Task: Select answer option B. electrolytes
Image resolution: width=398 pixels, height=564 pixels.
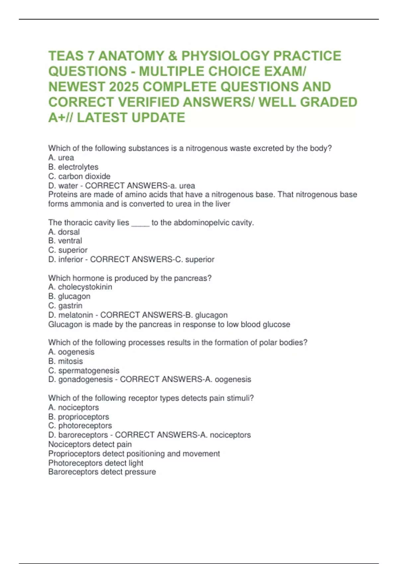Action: [x=73, y=167]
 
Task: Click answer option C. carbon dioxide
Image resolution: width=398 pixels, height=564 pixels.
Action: [x=79, y=176]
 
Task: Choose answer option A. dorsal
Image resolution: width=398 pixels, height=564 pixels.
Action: [x=64, y=232]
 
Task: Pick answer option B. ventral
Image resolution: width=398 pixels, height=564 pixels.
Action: [x=65, y=241]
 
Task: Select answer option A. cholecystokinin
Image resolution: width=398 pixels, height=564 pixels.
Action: [x=80, y=287]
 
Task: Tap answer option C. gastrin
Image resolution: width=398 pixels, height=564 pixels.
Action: [x=65, y=306]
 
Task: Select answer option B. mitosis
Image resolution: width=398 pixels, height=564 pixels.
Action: [x=66, y=361]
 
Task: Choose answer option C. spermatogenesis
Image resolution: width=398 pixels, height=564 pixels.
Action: [x=84, y=370]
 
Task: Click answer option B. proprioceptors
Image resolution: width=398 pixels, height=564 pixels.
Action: [x=79, y=417]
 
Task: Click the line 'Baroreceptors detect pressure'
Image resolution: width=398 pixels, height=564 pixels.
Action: [x=102, y=472]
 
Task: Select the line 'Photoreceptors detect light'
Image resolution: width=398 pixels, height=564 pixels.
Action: [x=96, y=463]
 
